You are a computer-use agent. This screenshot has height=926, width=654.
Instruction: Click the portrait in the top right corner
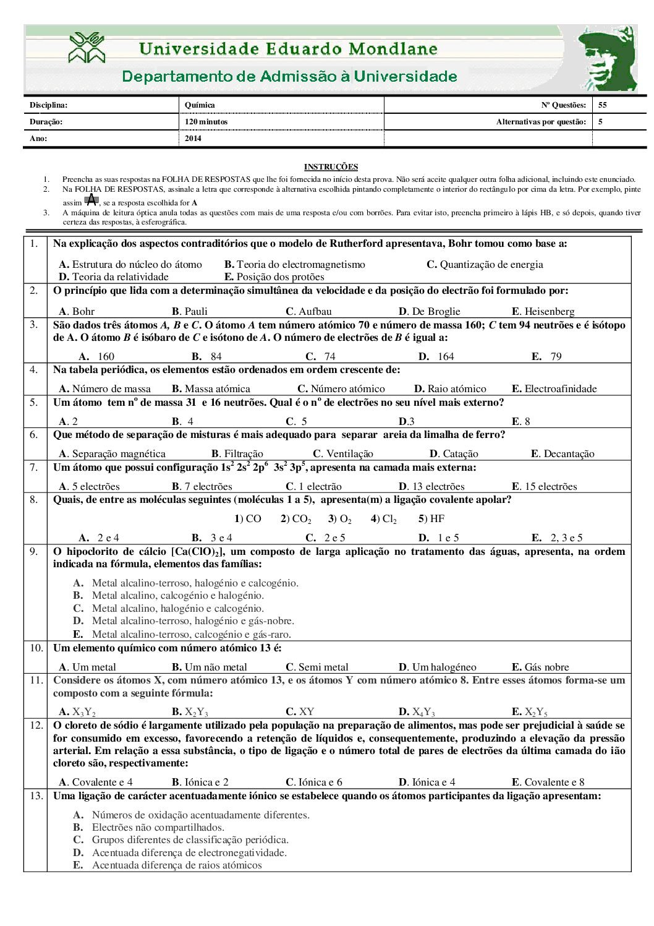tap(608, 59)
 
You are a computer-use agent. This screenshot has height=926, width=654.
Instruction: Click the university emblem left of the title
tap(87, 48)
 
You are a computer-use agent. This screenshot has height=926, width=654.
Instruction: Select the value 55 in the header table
tap(602, 105)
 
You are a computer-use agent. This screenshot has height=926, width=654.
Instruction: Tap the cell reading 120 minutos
tap(206, 122)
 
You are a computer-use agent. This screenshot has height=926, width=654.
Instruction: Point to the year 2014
tap(193, 139)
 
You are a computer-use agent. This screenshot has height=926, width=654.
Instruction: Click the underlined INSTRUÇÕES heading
tap(331, 166)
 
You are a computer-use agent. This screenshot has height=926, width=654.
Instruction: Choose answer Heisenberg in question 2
tap(543, 311)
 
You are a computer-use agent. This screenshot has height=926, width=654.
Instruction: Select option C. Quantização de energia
tap(485, 264)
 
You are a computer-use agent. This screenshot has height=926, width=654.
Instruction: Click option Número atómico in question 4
tap(341, 388)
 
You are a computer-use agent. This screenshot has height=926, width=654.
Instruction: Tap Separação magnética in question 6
tap(113, 453)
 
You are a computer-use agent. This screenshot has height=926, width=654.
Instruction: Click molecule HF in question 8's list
tap(431, 518)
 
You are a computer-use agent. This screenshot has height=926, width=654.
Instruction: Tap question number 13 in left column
tap(36, 795)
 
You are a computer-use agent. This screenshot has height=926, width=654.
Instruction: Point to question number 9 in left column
tap(34, 551)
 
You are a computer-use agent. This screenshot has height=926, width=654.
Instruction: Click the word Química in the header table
tap(200, 105)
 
